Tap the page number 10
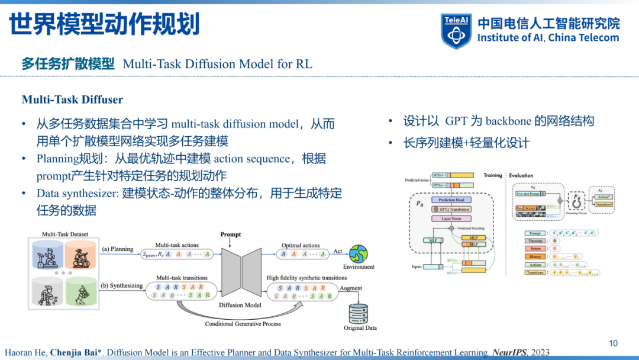(x=613, y=343)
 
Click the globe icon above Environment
(x=359, y=253)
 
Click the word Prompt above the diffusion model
(x=231, y=234)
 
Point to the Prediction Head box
(x=451, y=200)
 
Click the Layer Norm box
(x=451, y=219)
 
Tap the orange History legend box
(x=535, y=256)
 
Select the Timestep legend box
(x=535, y=241)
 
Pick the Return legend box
(x=535, y=249)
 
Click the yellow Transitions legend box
(x=535, y=272)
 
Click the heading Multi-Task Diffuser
(x=72, y=100)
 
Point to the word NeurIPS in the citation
(x=508, y=353)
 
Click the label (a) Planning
(x=118, y=249)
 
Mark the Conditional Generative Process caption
(x=243, y=324)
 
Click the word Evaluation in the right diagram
(x=521, y=175)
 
